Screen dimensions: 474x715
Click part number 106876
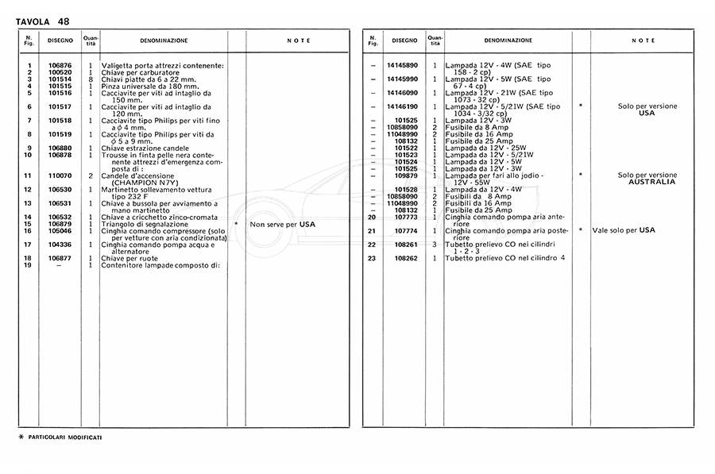60,65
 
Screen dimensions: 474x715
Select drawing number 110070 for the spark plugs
60,175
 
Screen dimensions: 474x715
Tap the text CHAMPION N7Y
139,182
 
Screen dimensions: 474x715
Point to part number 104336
60,245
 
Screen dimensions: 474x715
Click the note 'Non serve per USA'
282,225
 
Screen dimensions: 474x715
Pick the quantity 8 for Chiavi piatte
91,79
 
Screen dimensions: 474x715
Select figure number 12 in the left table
28,190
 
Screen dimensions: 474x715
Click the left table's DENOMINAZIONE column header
164,40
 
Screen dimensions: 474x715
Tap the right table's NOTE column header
643,40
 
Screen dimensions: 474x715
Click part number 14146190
403,106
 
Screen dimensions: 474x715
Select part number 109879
406,175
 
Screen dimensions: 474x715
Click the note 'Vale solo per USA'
624,230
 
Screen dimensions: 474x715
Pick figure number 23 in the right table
370,258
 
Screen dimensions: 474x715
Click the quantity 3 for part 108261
435,245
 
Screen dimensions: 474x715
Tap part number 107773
406,217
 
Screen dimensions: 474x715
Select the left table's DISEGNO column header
60,40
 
